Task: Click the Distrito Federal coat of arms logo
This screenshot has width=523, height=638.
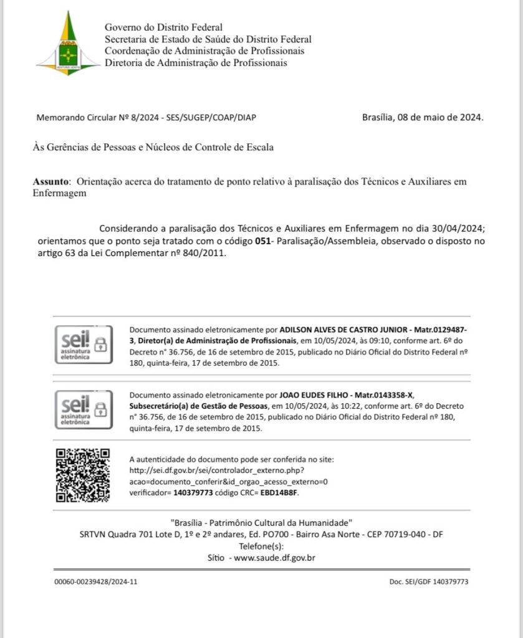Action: pyautogui.click(x=68, y=43)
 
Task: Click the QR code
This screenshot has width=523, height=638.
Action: pyautogui.click(x=83, y=475)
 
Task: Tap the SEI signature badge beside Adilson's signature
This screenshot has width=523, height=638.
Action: pyautogui.click(x=84, y=345)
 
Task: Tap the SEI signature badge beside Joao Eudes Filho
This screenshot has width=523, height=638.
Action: pyautogui.click(x=84, y=409)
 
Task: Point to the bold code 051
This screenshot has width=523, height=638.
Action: pyautogui.click(x=262, y=240)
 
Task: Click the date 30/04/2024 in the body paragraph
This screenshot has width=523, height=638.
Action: pyautogui.click(x=458, y=229)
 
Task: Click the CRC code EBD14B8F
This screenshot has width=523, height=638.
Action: pyautogui.click(x=279, y=493)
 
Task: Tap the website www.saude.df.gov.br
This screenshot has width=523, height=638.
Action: pyautogui.click(x=274, y=558)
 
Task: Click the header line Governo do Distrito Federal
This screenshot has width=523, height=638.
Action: pyautogui.click(x=163, y=27)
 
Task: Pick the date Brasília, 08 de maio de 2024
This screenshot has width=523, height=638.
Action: pyautogui.click(x=423, y=117)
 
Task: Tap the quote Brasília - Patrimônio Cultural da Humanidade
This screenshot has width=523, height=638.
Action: pyautogui.click(x=261, y=522)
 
